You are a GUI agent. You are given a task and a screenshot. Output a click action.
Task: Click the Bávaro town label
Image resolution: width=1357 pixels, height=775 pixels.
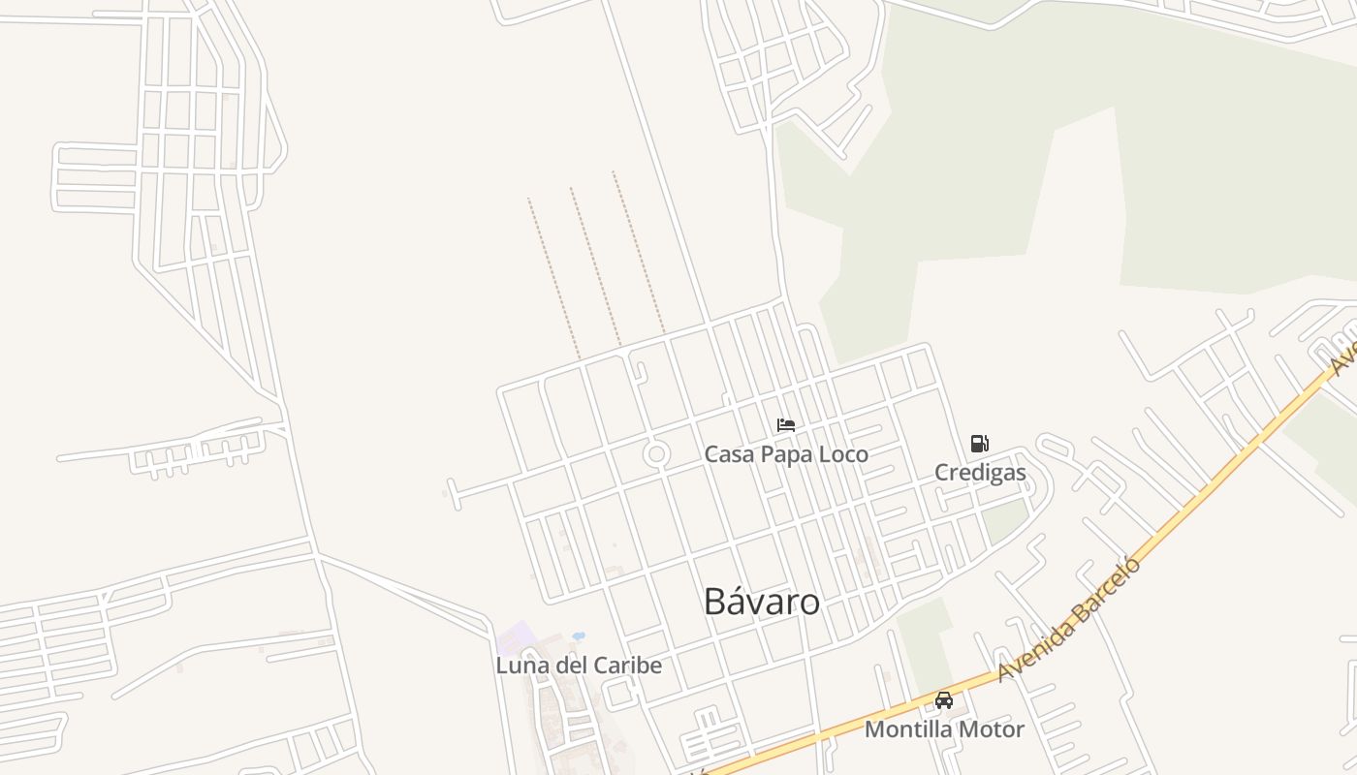click(762, 602)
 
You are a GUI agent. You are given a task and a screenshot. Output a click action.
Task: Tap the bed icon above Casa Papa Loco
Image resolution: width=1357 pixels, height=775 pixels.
click(786, 425)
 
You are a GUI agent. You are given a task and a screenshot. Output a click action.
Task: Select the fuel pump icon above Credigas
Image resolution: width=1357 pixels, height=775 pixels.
click(980, 444)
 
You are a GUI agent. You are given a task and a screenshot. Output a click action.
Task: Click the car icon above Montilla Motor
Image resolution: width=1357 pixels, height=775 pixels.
click(943, 699)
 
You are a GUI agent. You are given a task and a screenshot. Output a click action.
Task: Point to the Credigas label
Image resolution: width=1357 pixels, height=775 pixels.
click(980, 473)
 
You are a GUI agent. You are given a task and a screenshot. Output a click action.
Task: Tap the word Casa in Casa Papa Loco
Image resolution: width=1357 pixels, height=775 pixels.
click(726, 453)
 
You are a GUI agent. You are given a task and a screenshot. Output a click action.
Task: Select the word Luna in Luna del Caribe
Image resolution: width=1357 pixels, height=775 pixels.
click(520, 666)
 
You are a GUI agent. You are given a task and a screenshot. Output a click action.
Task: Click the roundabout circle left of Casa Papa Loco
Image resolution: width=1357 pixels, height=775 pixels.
click(657, 453)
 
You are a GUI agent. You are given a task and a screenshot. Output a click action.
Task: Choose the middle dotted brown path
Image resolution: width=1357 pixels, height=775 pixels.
click(595, 266)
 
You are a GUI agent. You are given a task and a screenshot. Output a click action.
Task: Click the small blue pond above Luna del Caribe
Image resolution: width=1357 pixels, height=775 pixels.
click(579, 636)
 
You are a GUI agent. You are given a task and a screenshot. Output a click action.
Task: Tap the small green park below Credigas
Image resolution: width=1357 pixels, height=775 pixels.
click(1004, 521)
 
